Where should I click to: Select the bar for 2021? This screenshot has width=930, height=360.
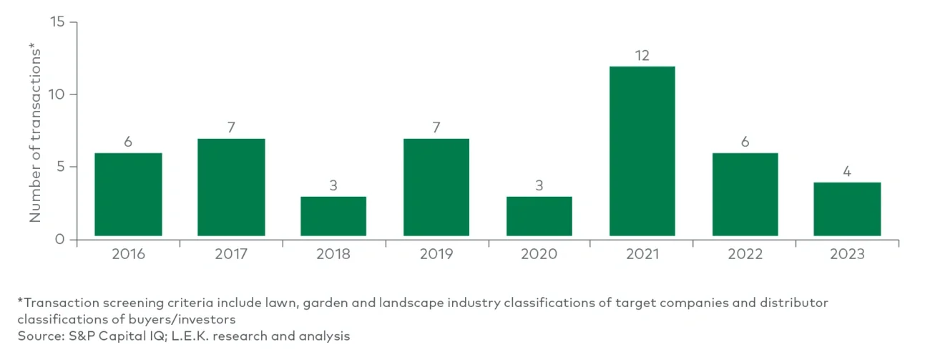pos(642,151)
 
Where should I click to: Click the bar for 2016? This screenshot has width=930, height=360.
pos(128,194)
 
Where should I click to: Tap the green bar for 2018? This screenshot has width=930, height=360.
pos(333,216)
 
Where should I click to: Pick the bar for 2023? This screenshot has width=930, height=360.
pos(848,209)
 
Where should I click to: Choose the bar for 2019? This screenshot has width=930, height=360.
pos(436,187)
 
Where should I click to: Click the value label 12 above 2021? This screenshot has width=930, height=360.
pos(642,55)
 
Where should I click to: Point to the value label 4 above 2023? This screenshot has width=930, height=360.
pos(848,172)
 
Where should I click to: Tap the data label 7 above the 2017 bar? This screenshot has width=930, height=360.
pos(230,127)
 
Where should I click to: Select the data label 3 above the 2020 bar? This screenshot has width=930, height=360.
pos(539,185)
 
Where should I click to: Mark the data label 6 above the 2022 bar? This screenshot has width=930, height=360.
pos(745,142)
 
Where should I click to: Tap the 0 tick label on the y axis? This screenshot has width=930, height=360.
pos(61,239)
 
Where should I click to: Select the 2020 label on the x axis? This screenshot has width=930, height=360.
pos(539,255)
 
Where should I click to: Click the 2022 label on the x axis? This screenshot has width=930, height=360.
pos(745,255)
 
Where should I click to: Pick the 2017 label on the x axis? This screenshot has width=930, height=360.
pos(230,255)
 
